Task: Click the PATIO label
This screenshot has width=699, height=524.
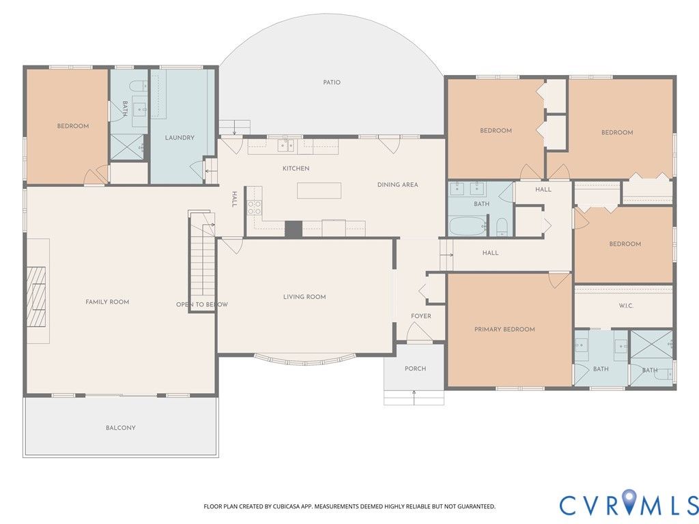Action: click(x=332, y=83)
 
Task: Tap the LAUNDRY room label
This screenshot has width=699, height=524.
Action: click(x=180, y=138)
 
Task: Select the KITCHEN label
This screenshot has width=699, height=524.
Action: click(x=296, y=169)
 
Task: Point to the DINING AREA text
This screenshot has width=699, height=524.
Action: click(x=398, y=184)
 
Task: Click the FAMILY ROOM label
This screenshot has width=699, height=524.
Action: click(x=107, y=302)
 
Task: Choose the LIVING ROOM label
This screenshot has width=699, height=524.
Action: click(x=304, y=297)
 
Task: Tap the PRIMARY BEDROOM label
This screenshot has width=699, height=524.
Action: click(x=504, y=330)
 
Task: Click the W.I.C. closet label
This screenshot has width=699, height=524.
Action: click(x=626, y=306)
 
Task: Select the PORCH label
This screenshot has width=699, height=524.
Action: click(x=416, y=368)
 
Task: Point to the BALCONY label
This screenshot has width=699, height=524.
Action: click(x=121, y=428)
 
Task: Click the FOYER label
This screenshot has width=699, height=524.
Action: click(x=420, y=316)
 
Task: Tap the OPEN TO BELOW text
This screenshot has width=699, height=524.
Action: click(x=202, y=304)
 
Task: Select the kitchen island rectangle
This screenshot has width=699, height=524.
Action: click(x=319, y=190)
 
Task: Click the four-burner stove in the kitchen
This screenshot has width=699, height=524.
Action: click(x=255, y=207)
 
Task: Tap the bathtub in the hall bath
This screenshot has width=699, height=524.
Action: click(x=468, y=227)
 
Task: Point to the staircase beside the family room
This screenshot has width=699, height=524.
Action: click(x=203, y=261)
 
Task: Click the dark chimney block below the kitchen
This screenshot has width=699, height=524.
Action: click(x=294, y=229)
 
